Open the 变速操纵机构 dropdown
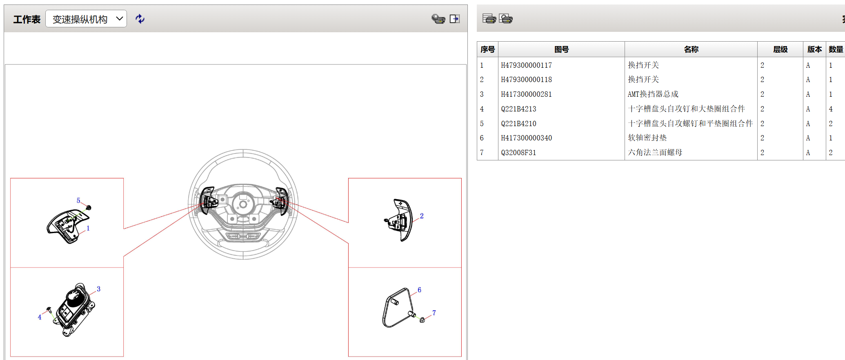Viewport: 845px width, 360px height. click(x=86, y=19)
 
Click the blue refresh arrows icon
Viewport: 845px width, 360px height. click(x=140, y=19)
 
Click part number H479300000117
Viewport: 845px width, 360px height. click(x=526, y=65)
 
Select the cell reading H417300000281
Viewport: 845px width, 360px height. click(x=526, y=94)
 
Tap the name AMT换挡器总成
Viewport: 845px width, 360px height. click(x=653, y=94)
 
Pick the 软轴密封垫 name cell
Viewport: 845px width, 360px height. click(x=647, y=138)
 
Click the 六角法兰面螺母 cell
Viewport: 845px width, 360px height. click(x=655, y=153)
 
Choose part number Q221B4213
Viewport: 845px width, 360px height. click(x=518, y=109)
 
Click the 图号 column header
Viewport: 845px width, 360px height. click(x=561, y=49)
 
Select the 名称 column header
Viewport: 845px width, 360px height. click(x=691, y=49)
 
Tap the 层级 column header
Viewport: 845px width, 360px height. click(x=780, y=49)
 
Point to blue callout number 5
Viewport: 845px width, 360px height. click(x=78, y=200)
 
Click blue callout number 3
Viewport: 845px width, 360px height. click(x=98, y=289)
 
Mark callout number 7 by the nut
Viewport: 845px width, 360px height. click(x=434, y=313)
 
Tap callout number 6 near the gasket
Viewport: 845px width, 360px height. click(x=419, y=290)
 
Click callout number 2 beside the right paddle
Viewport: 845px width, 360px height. click(x=422, y=216)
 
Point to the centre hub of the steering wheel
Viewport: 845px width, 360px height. click(x=243, y=204)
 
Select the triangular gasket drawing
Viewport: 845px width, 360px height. click(x=398, y=307)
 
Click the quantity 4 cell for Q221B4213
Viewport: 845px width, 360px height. click(x=831, y=109)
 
